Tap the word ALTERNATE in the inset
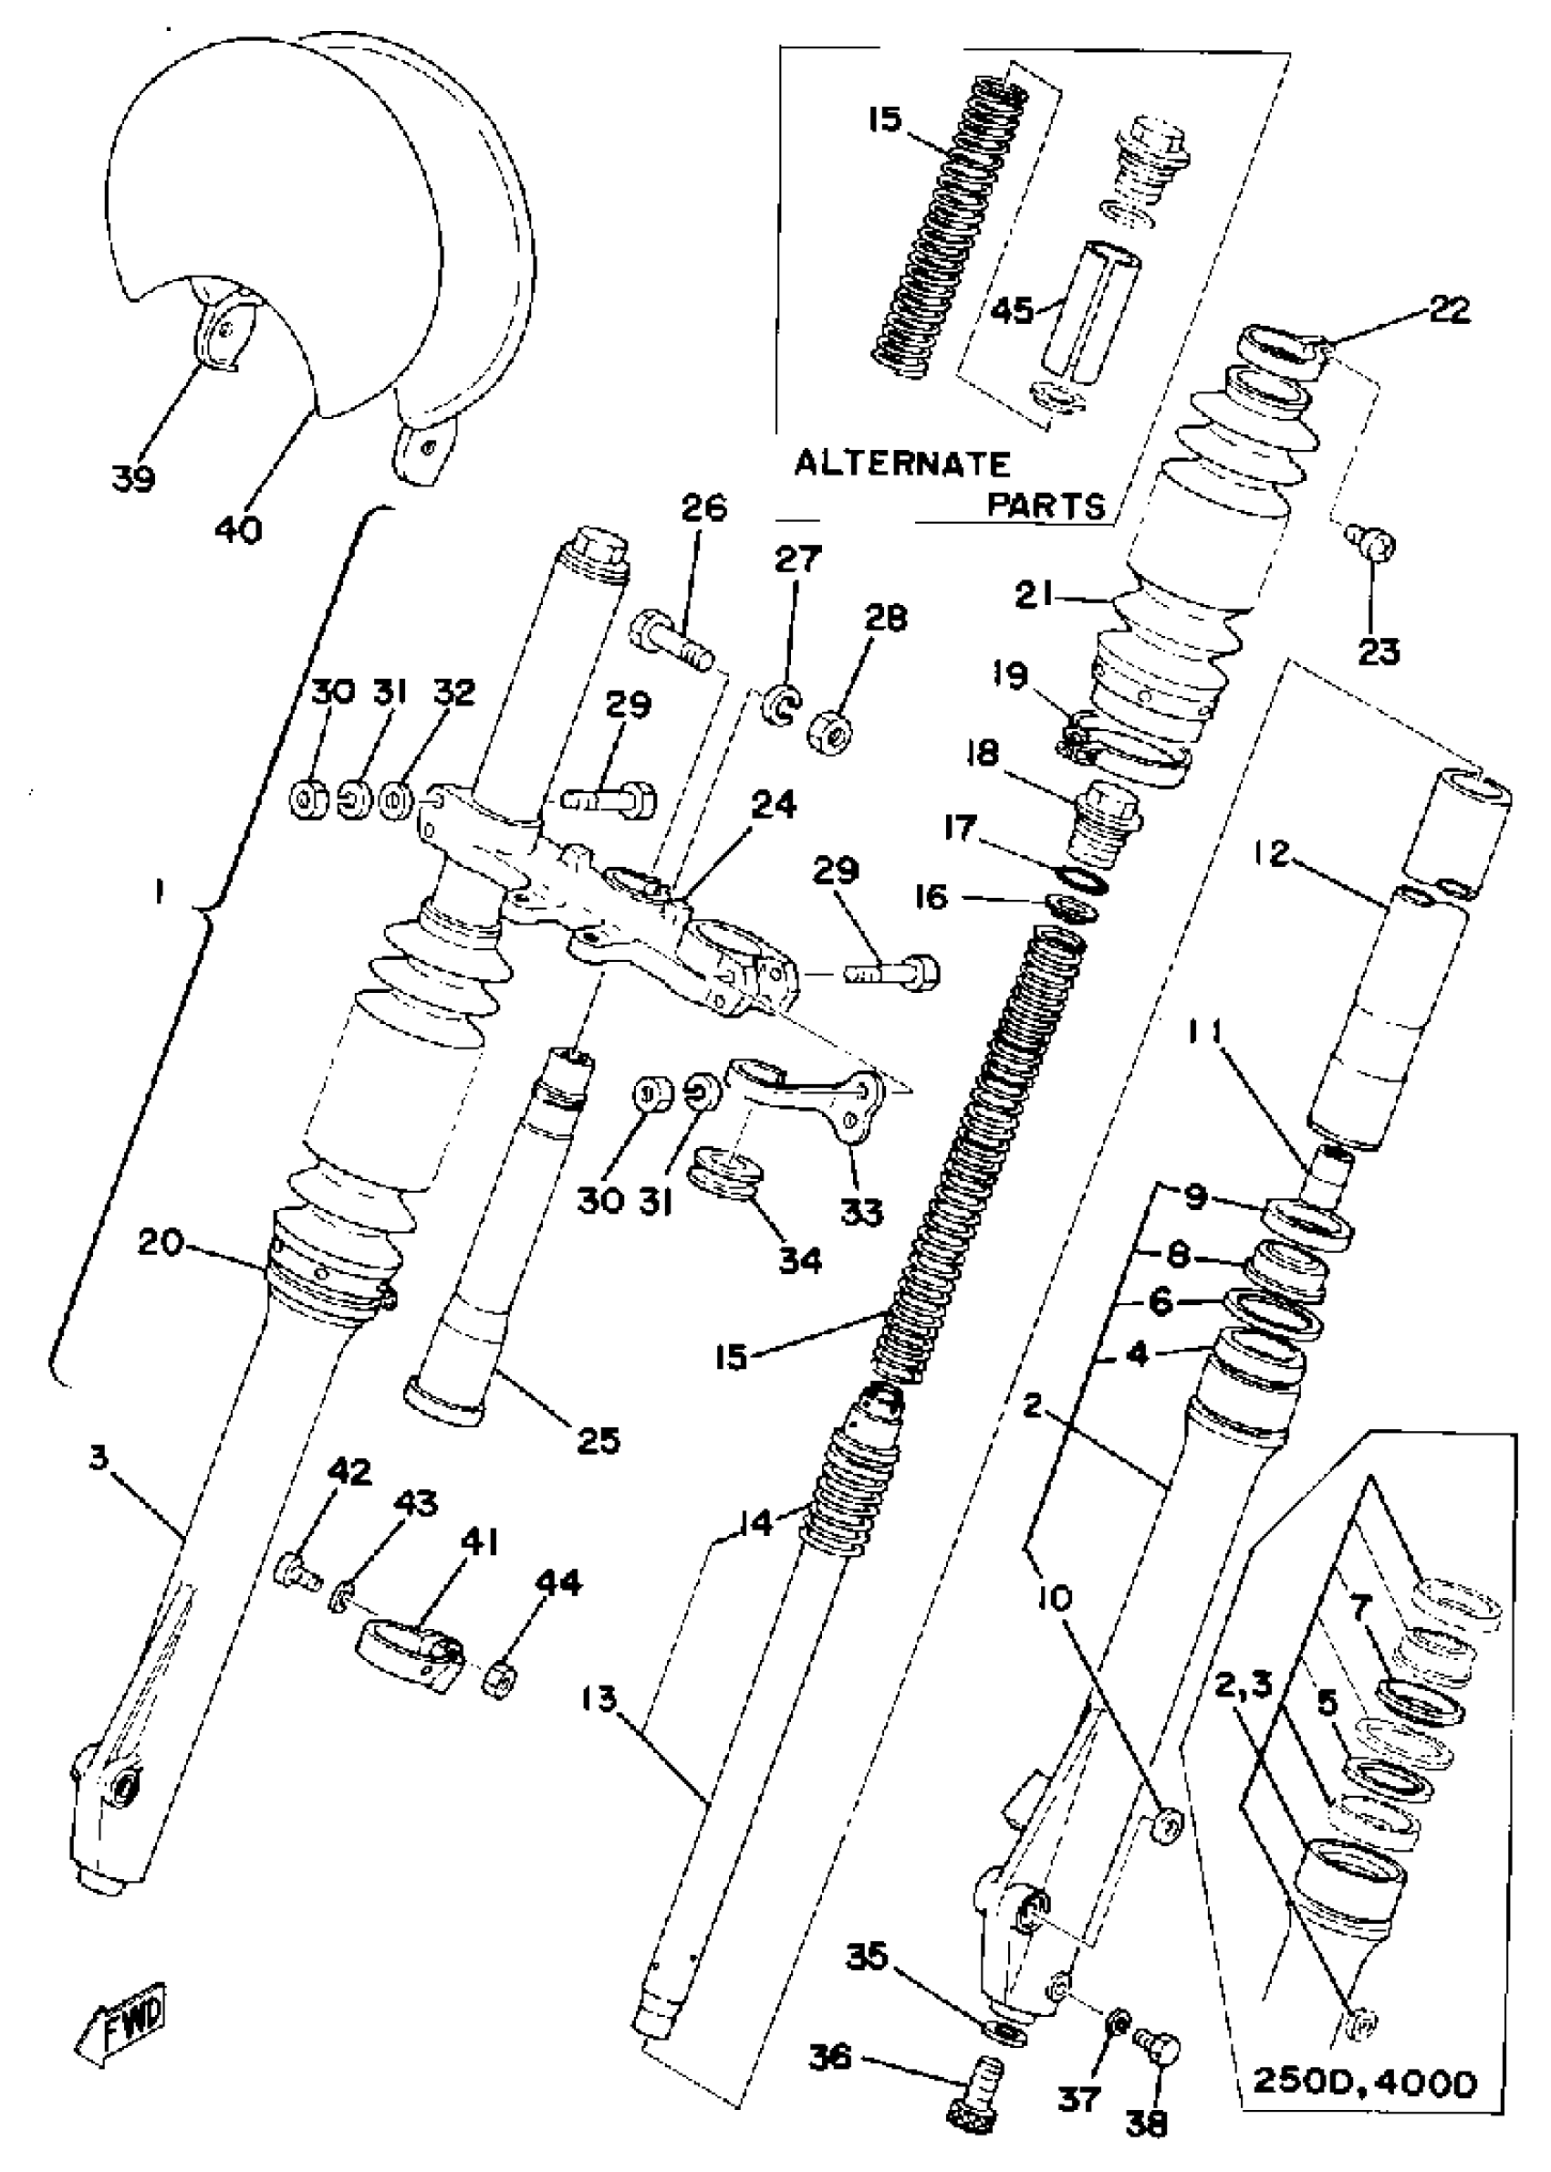(902, 465)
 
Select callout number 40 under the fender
(239, 528)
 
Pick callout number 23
(1379, 652)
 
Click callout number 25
(599, 1438)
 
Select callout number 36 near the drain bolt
(830, 2055)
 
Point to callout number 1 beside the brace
(160, 893)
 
